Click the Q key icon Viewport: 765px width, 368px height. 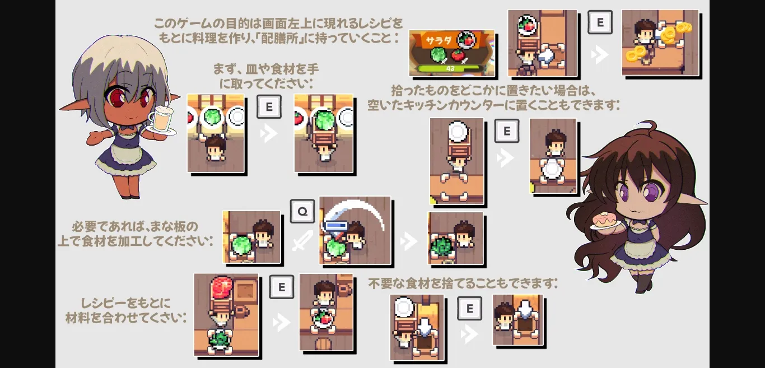[x=302, y=211]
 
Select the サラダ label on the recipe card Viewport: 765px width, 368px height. [x=439, y=41]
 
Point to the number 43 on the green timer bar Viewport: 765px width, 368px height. [x=450, y=68]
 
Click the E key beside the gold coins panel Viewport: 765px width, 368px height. [x=600, y=22]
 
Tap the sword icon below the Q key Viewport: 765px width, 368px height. [x=302, y=240]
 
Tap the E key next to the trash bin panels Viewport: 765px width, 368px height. [x=470, y=309]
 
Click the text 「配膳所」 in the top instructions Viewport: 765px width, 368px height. [x=281, y=38]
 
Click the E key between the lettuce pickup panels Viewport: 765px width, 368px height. [x=269, y=106]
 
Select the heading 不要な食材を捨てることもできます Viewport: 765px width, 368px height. [x=463, y=283]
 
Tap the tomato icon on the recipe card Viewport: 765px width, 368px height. [x=458, y=55]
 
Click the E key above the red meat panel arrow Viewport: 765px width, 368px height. [x=281, y=287]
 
